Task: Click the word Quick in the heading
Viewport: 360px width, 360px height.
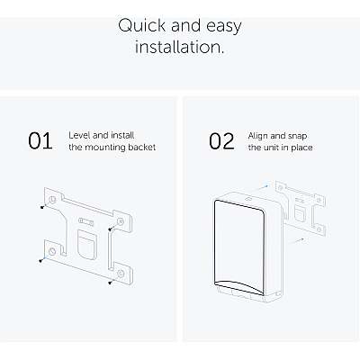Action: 142,25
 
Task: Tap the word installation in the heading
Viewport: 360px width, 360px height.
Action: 179,47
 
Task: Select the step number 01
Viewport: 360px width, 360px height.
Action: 40,140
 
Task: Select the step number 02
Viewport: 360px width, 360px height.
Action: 221,141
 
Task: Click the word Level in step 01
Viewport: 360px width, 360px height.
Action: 79,135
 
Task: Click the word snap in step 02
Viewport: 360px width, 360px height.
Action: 297,137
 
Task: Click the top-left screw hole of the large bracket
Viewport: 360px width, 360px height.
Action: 52,200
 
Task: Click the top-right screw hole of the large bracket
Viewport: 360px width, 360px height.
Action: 121,221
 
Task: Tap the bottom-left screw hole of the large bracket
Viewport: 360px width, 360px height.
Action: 52,251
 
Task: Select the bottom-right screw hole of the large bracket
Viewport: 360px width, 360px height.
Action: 121,274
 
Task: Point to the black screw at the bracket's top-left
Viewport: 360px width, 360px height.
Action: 42,207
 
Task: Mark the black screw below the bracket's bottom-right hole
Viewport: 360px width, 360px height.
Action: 110,282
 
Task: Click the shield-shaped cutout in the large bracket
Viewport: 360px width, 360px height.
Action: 86,243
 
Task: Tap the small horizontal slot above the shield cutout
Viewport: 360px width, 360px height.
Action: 86,221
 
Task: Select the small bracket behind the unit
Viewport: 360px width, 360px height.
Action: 301,209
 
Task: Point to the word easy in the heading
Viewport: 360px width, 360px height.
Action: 224,26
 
